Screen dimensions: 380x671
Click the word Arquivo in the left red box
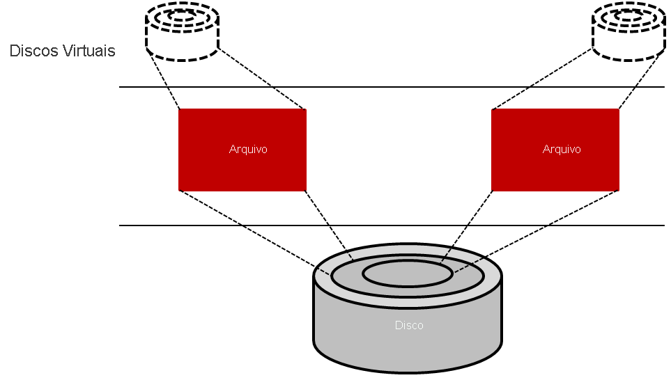tap(248, 150)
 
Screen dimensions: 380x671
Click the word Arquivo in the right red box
tap(562, 150)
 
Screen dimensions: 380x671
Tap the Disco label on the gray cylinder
tap(409, 325)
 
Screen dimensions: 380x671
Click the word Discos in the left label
tap(35, 52)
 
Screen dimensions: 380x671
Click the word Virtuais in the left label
tap(89, 52)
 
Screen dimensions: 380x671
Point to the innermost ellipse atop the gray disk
tap(408, 274)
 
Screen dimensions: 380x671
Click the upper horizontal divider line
tap(390, 87)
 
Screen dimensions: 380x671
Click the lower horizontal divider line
tap(390, 225)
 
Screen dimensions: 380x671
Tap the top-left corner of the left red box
tap(180, 110)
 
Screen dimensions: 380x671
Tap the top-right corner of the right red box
tap(618, 110)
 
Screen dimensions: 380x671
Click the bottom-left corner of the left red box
tap(180, 189)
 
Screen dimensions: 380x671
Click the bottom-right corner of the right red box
tap(618, 189)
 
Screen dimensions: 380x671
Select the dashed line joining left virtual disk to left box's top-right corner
tap(262, 80)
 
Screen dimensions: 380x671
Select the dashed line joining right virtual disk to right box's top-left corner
tap(541, 80)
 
